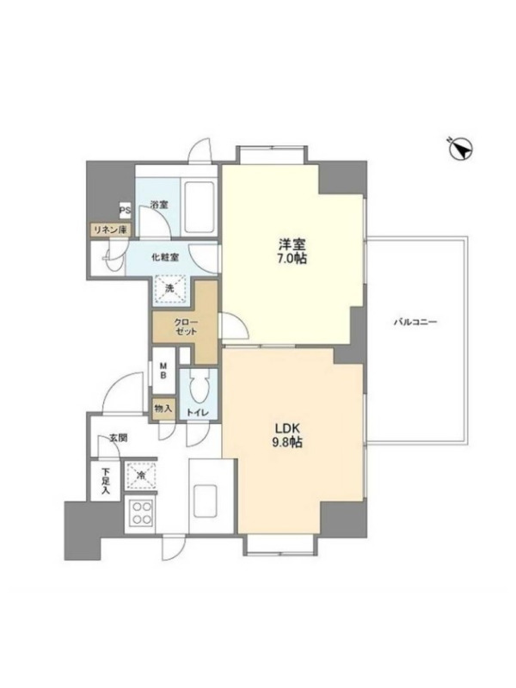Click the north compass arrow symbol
[x=460, y=149]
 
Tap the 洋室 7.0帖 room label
[x=292, y=251]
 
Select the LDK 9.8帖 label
[x=288, y=435]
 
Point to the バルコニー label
[x=415, y=322]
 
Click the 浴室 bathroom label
[x=159, y=205]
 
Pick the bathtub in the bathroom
[x=200, y=208]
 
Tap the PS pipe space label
[x=125, y=211]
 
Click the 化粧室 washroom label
[x=165, y=257]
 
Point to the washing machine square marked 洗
[x=169, y=290]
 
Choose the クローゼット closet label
[x=186, y=327]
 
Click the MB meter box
[x=163, y=371]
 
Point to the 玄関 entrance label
[x=118, y=438]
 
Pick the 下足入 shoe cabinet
[x=105, y=481]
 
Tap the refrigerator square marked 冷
[x=141, y=476]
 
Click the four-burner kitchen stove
[x=141, y=513]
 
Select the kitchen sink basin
[x=205, y=501]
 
